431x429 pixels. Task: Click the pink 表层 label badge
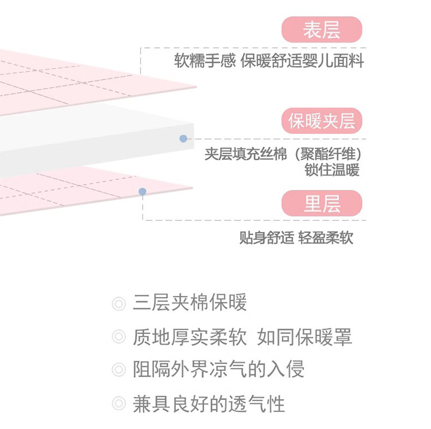pos(322,30)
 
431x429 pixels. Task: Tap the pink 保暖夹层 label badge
pos(322,121)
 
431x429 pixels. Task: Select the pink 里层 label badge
pos(322,204)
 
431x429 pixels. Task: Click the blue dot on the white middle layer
pos(183,139)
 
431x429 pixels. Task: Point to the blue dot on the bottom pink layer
pos(143,191)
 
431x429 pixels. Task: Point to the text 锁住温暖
pos(332,171)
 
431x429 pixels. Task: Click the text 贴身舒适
pos(266,238)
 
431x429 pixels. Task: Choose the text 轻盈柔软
pos(326,238)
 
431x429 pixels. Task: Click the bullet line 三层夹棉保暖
pos(190,302)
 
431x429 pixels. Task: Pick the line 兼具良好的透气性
pos(209,403)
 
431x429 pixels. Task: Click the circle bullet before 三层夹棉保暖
pos(118,304)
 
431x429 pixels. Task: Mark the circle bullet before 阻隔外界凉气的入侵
pos(118,370)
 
